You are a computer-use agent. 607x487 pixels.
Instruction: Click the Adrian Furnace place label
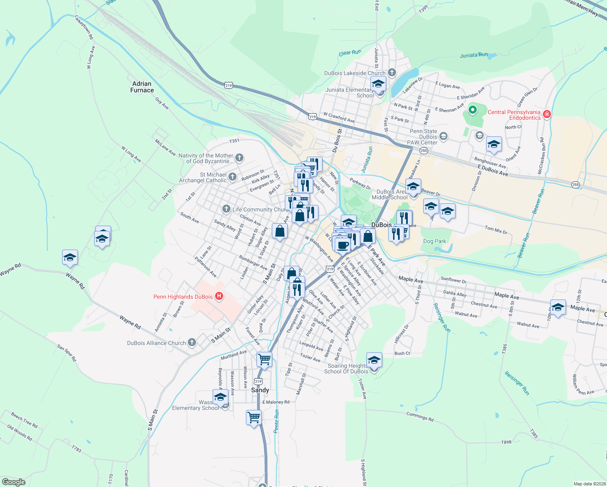click(142, 87)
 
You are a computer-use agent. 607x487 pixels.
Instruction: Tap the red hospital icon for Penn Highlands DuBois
click(219, 296)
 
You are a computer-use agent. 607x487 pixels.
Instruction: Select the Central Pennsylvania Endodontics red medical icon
click(547, 114)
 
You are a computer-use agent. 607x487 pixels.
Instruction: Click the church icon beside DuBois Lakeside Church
click(392, 73)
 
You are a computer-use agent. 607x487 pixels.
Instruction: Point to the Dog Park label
click(435, 241)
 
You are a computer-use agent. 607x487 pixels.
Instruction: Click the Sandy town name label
click(260, 390)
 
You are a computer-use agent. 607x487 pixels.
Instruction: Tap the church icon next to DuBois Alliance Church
click(192, 343)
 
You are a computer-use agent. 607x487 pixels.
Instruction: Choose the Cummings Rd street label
click(420, 416)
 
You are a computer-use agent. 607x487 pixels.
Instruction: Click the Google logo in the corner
click(14, 482)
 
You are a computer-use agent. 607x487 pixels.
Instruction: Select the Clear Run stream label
click(350, 53)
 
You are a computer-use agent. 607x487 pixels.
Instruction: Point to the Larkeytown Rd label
click(84, 27)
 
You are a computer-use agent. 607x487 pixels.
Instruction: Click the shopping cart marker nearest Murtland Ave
click(264, 359)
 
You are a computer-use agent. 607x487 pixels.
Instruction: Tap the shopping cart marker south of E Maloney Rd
click(254, 417)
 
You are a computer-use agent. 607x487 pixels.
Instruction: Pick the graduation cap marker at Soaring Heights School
click(374, 360)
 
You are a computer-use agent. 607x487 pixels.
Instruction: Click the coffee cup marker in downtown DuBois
click(342, 245)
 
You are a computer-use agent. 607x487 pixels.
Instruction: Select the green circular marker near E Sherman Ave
click(472, 110)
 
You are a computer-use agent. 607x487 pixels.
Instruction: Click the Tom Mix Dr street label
click(496, 230)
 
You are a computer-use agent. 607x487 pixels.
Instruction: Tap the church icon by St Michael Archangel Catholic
click(232, 177)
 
